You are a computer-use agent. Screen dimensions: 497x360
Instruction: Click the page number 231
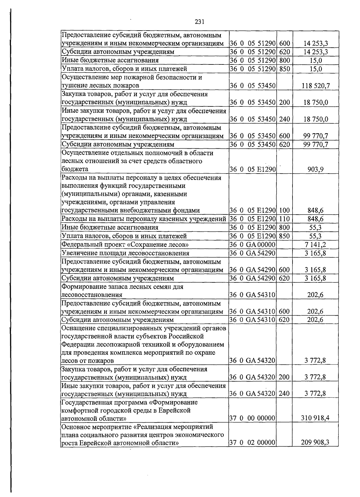coord(199,22)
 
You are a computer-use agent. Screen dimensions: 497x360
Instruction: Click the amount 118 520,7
coord(316,86)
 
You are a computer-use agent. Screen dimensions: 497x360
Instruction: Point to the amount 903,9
coord(315,169)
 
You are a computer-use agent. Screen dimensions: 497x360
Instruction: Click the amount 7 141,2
coord(315,245)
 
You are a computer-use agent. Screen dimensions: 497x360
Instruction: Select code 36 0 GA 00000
coord(252,245)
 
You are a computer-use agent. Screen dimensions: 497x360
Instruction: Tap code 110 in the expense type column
coord(284,219)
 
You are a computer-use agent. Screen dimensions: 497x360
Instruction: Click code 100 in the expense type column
coord(284,211)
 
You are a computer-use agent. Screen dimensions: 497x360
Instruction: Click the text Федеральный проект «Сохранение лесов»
coord(125,245)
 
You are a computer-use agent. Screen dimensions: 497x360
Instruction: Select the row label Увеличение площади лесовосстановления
coord(125,253)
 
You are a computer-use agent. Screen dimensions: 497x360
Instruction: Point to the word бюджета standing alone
coord(75,169)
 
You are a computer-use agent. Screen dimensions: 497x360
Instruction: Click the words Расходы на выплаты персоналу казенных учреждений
coord(144,219)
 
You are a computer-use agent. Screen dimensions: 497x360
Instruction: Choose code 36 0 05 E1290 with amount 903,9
coord(252,169)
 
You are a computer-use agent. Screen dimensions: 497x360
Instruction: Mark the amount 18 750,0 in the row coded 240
coord(316,119)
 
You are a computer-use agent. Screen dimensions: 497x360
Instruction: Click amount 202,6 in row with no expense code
coord(315,295)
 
